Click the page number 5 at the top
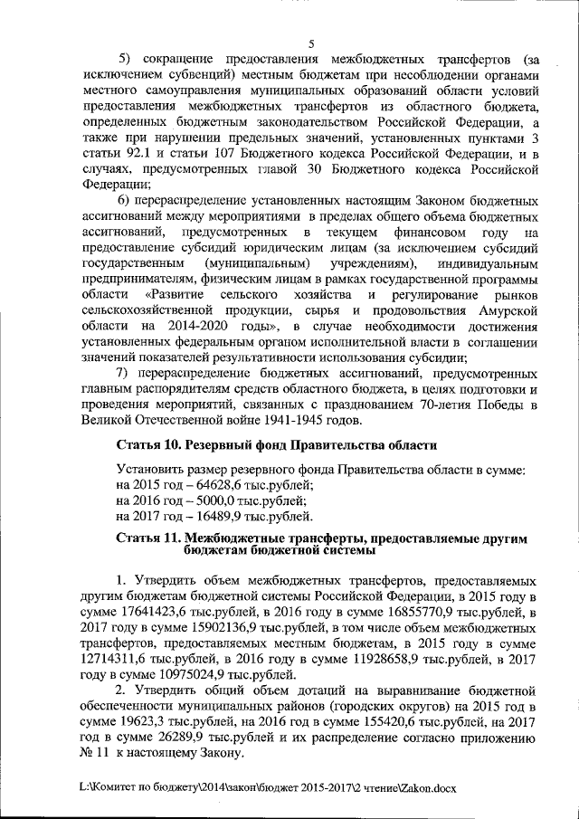(310, 42)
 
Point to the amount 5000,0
(188, 500)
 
